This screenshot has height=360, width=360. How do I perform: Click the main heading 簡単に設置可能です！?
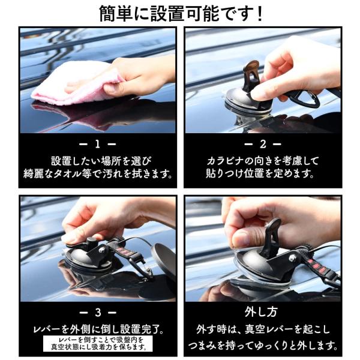(181, 14)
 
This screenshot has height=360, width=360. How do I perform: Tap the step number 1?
(98, 144)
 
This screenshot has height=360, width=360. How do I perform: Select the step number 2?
(263, 144)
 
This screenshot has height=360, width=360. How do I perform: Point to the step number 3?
(98, 313)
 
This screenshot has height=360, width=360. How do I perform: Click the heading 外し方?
(261, 312)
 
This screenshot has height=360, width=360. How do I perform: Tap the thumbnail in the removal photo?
(241, 239)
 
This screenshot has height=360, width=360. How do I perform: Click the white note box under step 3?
(98, 343)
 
